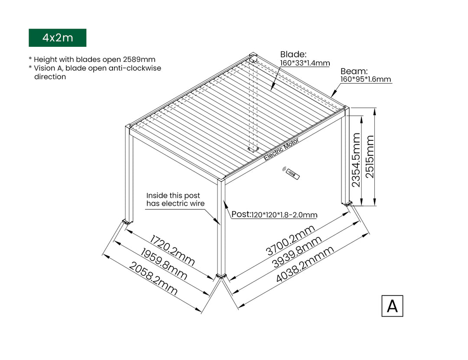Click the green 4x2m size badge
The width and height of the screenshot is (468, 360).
click(58, 38)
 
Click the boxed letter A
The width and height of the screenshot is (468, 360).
click(392, 306)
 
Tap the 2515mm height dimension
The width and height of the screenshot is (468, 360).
click(370, 157)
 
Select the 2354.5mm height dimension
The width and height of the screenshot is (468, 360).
click(356, 160)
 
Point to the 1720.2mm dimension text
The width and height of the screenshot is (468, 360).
click(172, 251)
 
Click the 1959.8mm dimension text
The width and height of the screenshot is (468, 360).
click(164, 264)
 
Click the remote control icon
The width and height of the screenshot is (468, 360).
click(292, 173)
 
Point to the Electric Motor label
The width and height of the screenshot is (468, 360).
click(281, 149)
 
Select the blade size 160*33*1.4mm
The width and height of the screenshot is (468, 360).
click(305, 63)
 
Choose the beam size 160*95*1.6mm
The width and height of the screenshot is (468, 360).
click(366, 79)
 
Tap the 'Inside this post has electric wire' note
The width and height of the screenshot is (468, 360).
click(175, 200)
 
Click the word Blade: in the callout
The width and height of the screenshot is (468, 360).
click(293, 54)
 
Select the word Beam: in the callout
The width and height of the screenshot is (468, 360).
click(354, 71)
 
